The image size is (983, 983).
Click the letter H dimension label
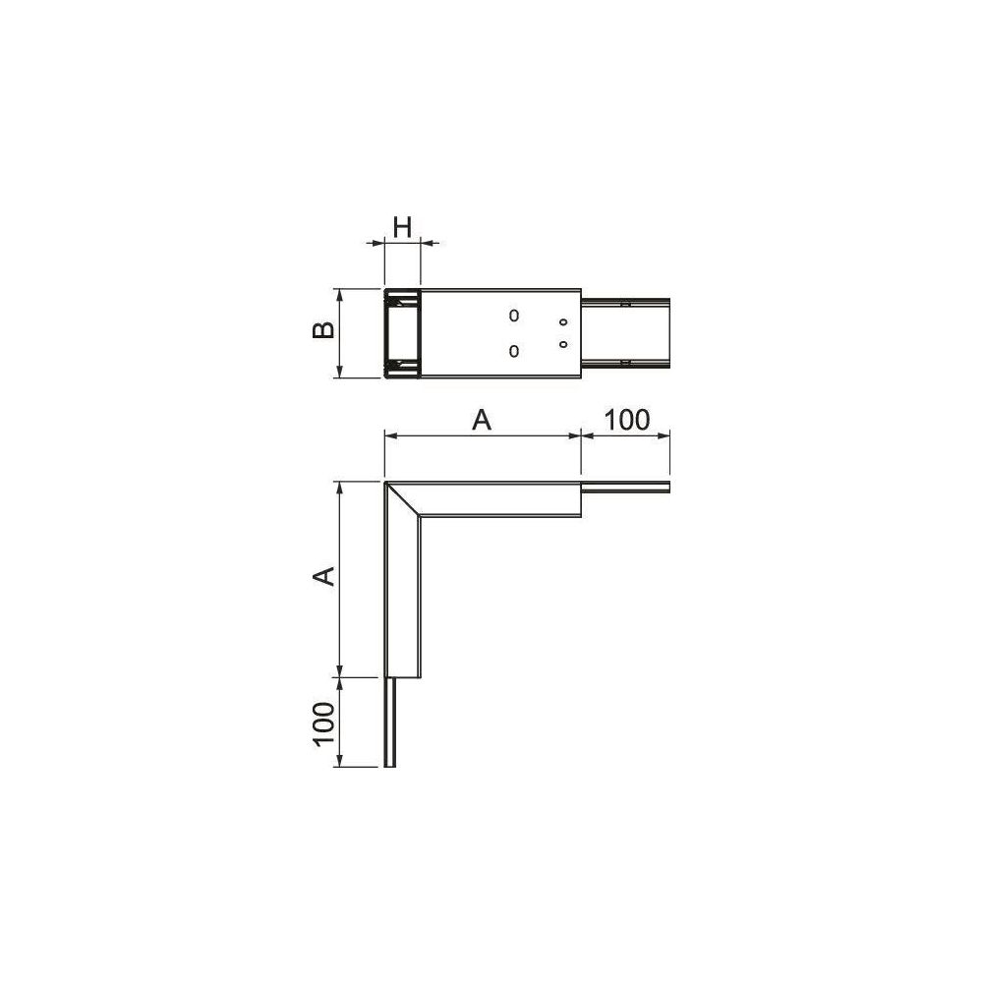coord(402,227)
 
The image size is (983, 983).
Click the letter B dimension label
coord(323,330)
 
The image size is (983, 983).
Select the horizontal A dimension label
coord(482,420)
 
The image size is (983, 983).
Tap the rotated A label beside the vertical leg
coord(324,575)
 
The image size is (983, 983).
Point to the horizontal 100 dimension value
coord(627,420)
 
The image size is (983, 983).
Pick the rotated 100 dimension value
coord(323,723)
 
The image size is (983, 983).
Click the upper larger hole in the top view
coord(514,316)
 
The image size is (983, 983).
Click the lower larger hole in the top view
coord(514,351)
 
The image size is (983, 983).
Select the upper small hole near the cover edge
coord(563,322)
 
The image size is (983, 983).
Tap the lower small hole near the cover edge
coord(563,344)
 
